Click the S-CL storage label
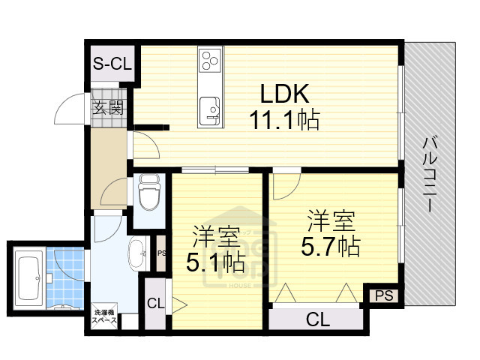coord(112,64)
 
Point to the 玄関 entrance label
coord(108,107)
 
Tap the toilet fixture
coord(149,193)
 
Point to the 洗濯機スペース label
coord(104,316)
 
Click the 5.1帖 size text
coord(215,262)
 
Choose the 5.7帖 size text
coord(331,245)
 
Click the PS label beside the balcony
coord(384,295)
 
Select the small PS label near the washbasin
coord(161,253)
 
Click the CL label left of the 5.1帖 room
coord(155,304)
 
